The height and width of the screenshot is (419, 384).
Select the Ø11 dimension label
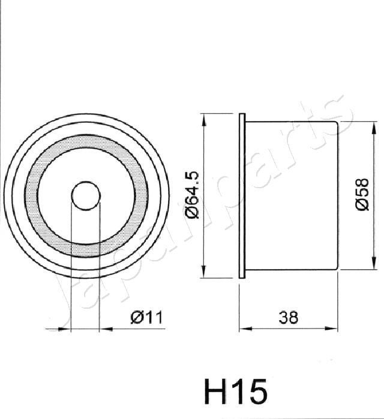[146, 317]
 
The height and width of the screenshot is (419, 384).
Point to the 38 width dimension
[289, 317]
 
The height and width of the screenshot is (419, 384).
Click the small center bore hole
[85, 195]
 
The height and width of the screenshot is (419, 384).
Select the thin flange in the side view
[242, 195]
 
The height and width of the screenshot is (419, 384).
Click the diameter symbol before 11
[136, 317]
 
